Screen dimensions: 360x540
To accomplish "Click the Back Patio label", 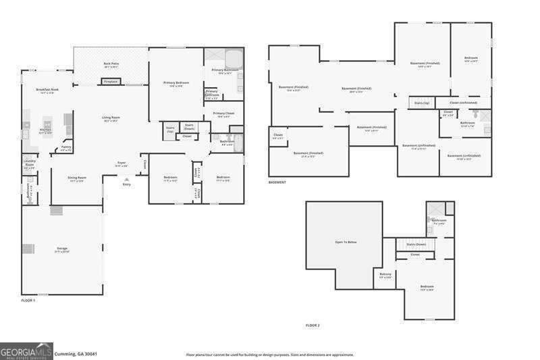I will point(111,64).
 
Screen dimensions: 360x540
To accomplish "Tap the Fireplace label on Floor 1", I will point(110,82).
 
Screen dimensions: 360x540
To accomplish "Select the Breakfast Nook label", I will point(47,90).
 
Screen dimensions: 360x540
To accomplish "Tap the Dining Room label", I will point(77,178).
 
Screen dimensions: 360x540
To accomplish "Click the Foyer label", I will point(122,163).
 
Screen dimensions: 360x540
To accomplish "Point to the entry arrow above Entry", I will point(126,179).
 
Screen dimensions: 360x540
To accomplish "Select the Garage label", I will point(62,251).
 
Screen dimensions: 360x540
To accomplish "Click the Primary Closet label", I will point(223,113).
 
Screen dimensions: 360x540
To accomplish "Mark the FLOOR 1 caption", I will point(28,300).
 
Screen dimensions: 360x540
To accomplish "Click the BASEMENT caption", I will point(277,182).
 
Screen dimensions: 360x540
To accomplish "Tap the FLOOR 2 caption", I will point(313,326).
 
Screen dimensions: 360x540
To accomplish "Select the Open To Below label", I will point(346,242).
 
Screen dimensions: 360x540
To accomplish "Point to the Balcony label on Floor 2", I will point(385,274).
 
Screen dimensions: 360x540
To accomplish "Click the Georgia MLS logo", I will point(26,351).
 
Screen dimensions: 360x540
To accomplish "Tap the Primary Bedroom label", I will point(175,83).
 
